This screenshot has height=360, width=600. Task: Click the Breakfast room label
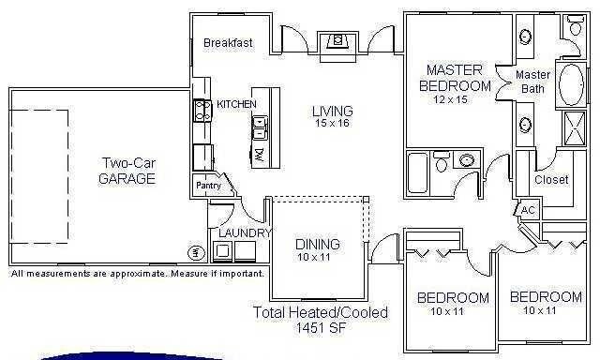tap(228, 42)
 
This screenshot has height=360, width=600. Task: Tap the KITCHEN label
tap(236, 104)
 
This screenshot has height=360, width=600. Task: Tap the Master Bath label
tap(532, 82)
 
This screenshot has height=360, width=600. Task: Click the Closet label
tap(551, 179)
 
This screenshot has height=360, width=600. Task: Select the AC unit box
tap(527, 210)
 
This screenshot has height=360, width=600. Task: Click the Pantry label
tap(207, 186)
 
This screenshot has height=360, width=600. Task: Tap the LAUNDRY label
tap(245, 232)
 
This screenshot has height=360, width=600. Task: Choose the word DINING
tap(317, 245)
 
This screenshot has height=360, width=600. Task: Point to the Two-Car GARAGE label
tap(127, 171)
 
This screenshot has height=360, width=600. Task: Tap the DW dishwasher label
tap(260, 153)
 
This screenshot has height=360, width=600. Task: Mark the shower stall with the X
tap(570, 126)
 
